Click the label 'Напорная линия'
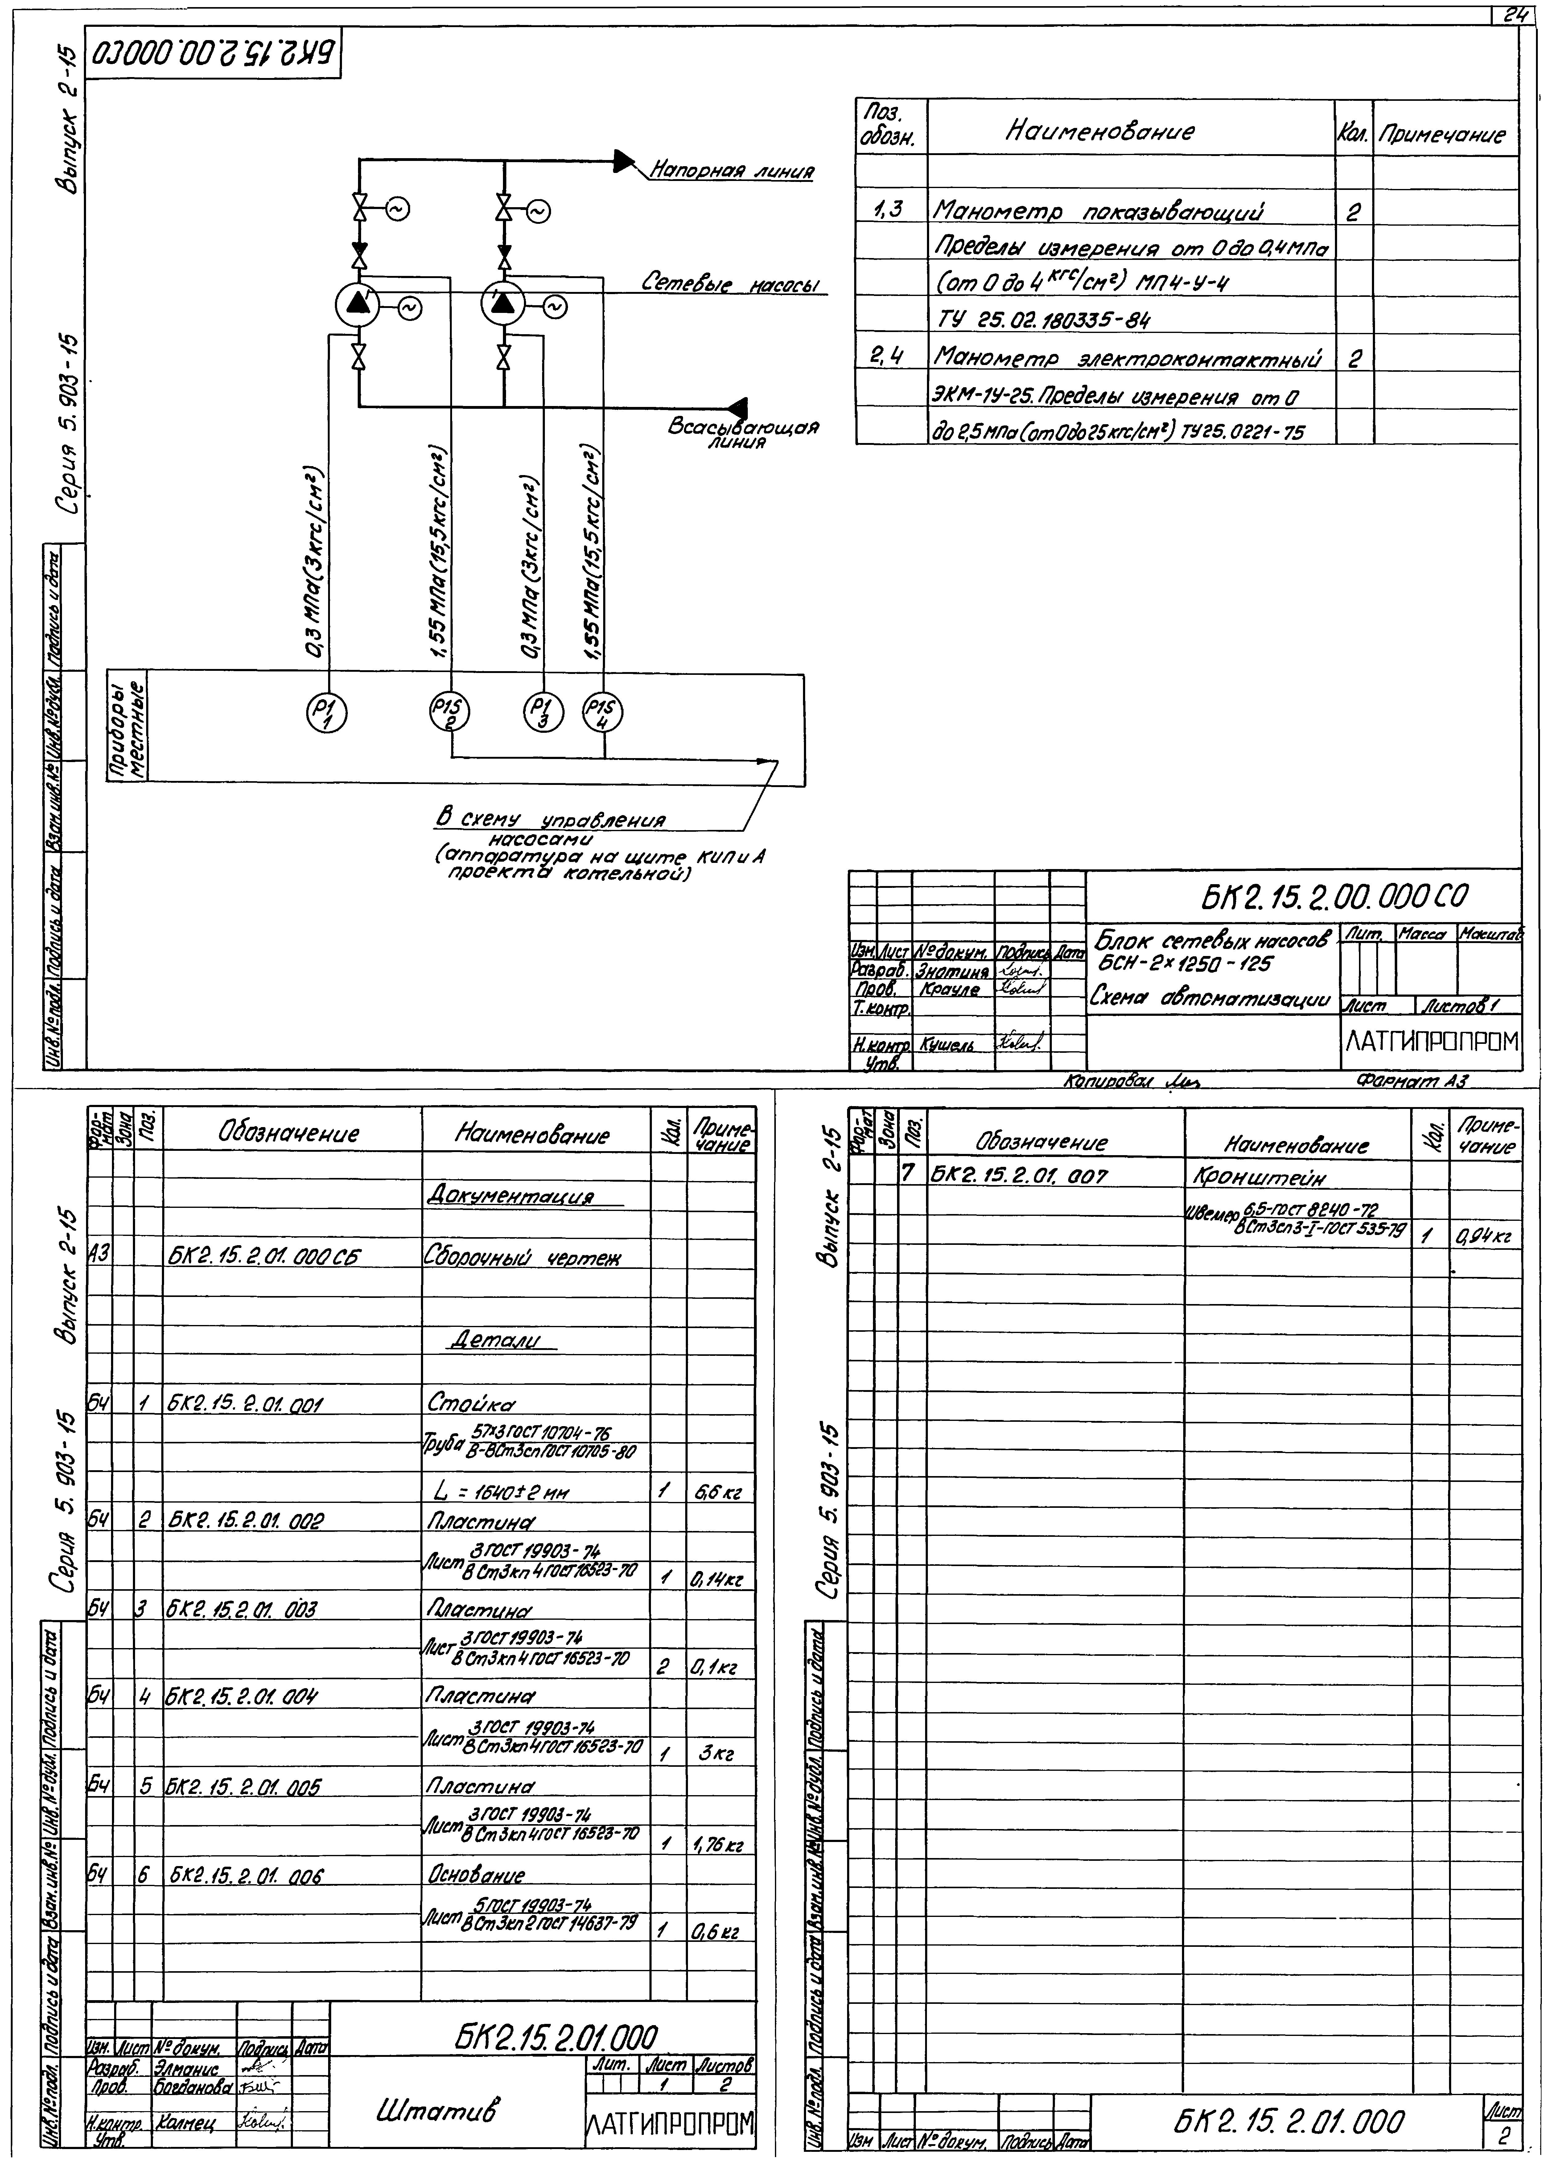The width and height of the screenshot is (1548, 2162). coord(732,172)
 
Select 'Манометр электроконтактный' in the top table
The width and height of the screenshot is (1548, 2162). coord(1127,358)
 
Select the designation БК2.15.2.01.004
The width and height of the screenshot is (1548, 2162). coord(242,1698)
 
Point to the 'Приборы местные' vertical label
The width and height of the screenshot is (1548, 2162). coord(128,727)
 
